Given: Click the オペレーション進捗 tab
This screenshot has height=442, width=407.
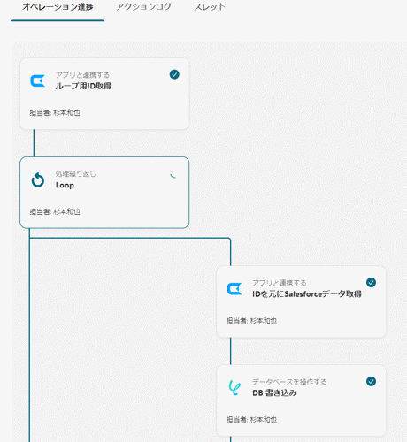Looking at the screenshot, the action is click(58, 7).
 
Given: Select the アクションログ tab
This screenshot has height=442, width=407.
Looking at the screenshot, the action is click(143, 7).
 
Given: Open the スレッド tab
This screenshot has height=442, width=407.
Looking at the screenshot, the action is click(210, 7).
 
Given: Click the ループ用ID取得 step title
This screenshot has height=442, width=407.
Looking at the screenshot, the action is click(83, 86).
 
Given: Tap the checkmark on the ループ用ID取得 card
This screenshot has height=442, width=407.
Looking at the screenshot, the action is click(174, 74).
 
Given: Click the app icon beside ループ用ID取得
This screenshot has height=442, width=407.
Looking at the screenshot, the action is click(38, 80).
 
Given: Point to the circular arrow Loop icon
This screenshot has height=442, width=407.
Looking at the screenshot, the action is click(38, 179).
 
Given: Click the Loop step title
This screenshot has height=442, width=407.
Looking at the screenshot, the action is click(65, 185).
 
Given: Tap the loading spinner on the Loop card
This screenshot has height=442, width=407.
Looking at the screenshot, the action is click(173, 177).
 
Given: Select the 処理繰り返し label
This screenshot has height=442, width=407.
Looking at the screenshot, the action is click(76, 174).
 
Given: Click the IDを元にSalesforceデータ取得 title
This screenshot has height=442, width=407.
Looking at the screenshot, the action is click(307, 293).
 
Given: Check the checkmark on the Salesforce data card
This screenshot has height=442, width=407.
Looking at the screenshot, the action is click(371, 282).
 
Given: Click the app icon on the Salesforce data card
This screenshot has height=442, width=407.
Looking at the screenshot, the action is click(234, 289).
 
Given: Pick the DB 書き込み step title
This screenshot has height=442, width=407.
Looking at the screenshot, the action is click(274, 392).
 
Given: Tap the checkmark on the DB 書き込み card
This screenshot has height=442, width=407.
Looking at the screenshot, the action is click(371, 381).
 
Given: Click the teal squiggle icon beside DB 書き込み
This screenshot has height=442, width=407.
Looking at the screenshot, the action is click(234, 388).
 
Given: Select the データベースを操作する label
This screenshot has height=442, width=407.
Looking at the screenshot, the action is click(289, 382).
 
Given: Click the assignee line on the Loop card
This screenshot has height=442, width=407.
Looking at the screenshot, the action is click(55, 211).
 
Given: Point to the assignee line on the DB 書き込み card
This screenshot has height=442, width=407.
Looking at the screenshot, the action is click(251, 420).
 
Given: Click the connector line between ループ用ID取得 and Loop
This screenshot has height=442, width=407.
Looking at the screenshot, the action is click(34, 143).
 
